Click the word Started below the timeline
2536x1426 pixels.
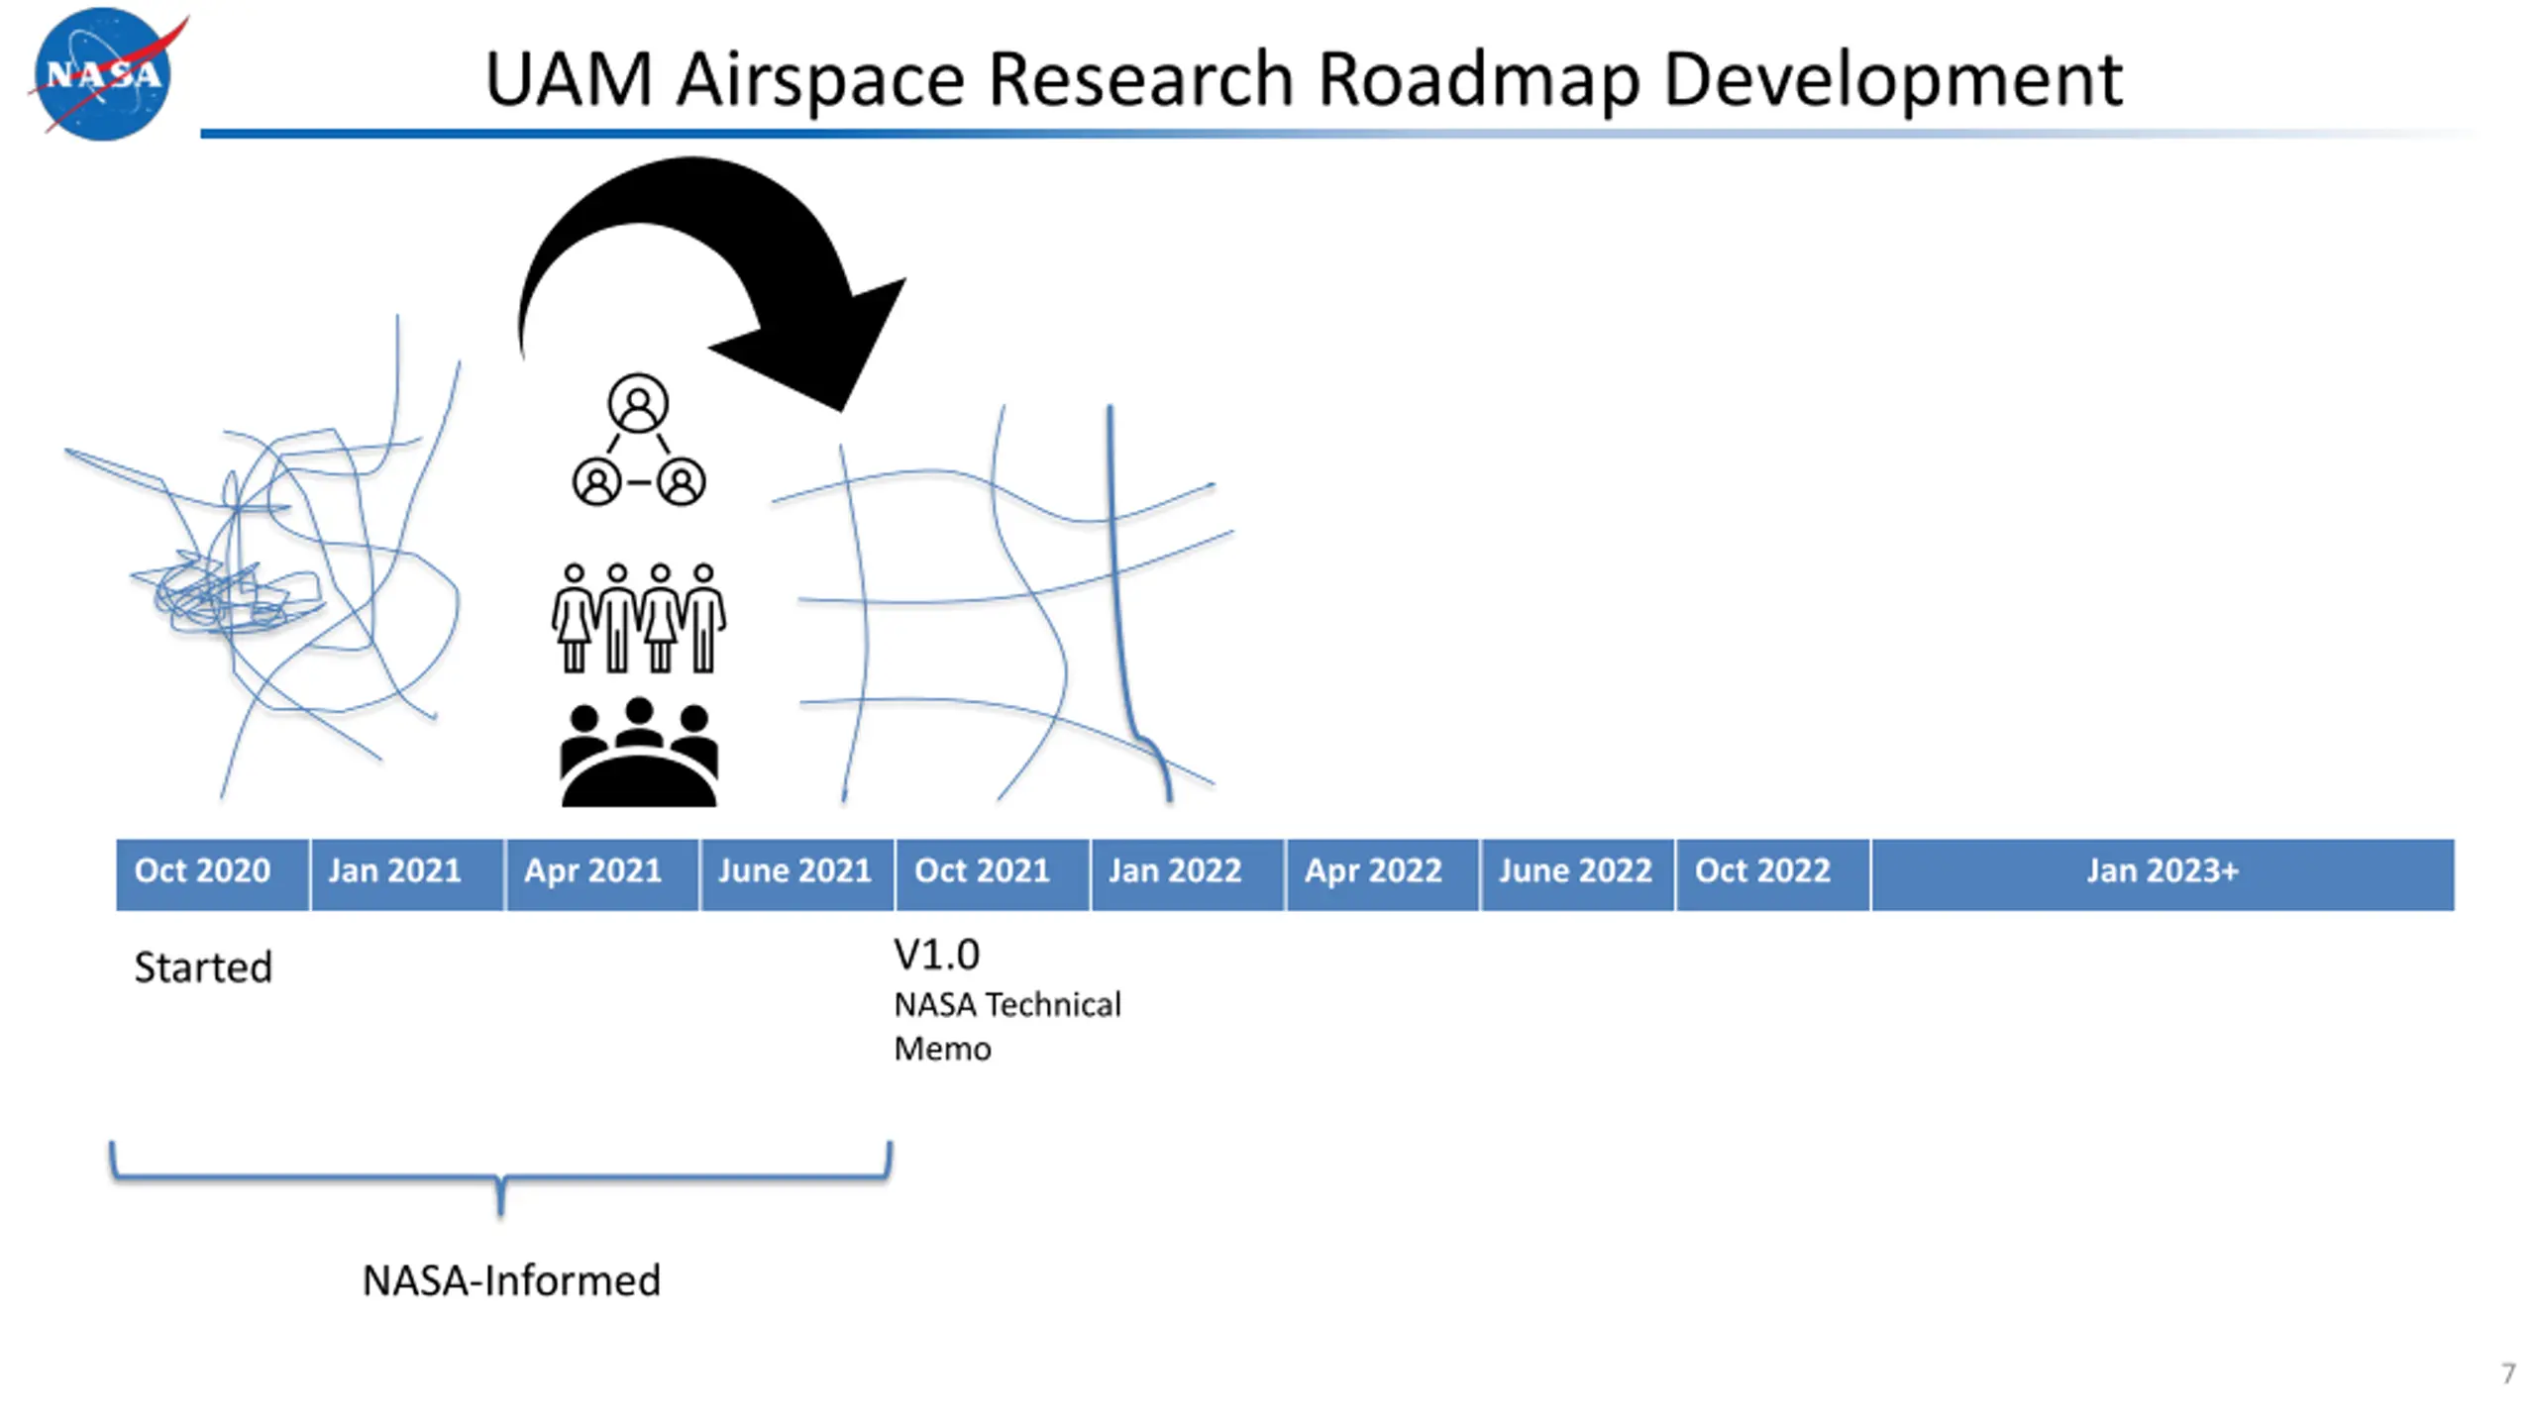(203, 968)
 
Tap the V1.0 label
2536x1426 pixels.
(936, 955)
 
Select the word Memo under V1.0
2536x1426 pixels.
(942, 1049)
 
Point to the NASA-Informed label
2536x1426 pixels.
(511, 1280)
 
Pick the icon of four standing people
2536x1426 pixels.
(639, 618)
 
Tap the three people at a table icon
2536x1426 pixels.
(639, 753)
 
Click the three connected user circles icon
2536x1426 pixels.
(639, 441)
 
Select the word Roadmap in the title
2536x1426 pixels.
(1477, 78)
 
